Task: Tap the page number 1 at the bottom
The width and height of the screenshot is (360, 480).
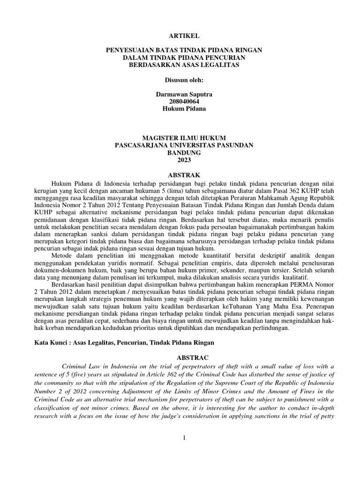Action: [x=184, y=438]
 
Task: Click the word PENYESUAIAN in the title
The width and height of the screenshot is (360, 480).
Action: [x=132, y=49]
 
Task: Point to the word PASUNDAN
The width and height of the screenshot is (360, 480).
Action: [x=233, y=145]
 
